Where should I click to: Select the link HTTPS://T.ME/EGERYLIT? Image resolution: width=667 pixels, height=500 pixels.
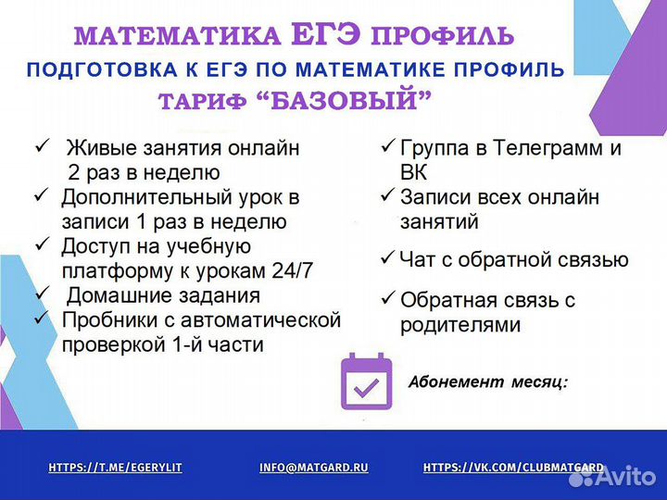[x=115, y=469]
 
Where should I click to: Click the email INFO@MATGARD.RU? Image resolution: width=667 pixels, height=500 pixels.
[x=314, y=469]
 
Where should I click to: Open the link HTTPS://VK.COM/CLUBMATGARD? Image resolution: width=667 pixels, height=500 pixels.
[x=513, y=469]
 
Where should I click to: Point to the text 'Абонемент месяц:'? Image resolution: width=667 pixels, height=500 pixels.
[x=488, y=381]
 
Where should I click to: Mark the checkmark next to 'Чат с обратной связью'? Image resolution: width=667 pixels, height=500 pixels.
[x=387, y=258]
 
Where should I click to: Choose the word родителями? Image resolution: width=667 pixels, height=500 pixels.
[x=460, y=325]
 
